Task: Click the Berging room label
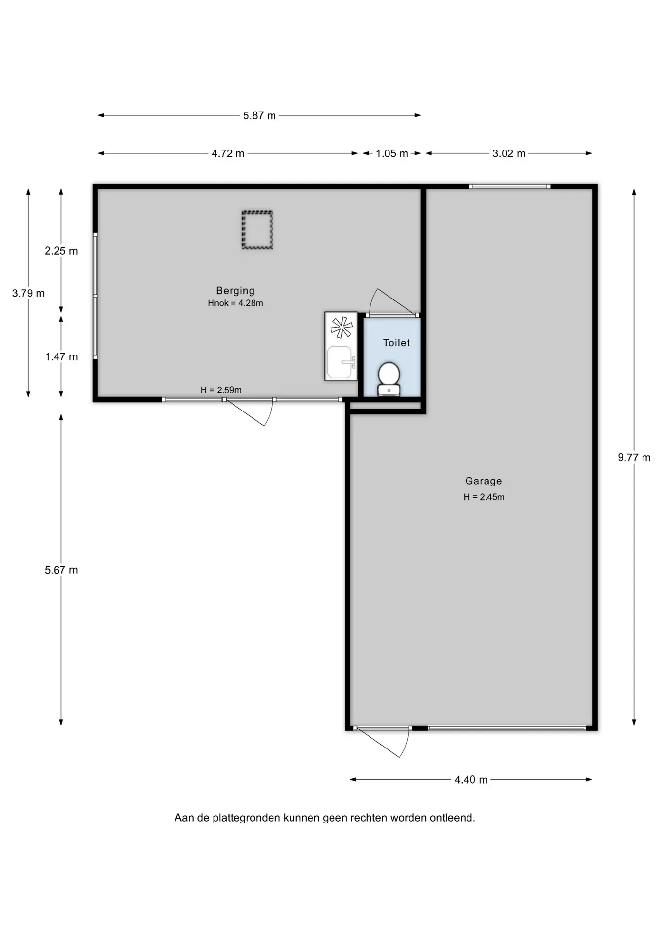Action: pyautogui.click(x=235, y=291)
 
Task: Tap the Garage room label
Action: pyautogui.click(x=484, y=481)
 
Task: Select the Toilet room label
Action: pyautogui.click(x=396, y=343)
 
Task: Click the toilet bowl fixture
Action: pyautogui.click(x=389, y=378)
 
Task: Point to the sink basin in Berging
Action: pyautogui.click(x=339, y=362)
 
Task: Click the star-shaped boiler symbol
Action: pyautogui.click(x=341, y=327)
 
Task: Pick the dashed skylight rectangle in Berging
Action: pyautogui.click(x=257, y=230)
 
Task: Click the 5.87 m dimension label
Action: pyautogui.click(x=259, y=116)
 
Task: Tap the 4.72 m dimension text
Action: pyautogui.click(x=228, y=154)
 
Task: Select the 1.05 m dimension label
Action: pyautogui.click(x=391, y=154)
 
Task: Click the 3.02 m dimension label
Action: pyautogui.click(x=508, y=154)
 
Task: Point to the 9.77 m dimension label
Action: pyautogui.click(x=634, y=458)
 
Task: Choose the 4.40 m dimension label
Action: pyautogui.click(x=471, y=780)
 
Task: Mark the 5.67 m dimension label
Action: pyautogui.click(x=61, y=570)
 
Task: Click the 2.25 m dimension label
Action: pyautogui.click(x=61, y=251)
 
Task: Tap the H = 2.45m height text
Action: pyautogui.click(x=484, y=497)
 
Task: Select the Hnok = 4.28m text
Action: pyautogui.click(x=235, y=303)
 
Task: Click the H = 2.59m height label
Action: pyautogui.click(x=221, y=390)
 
